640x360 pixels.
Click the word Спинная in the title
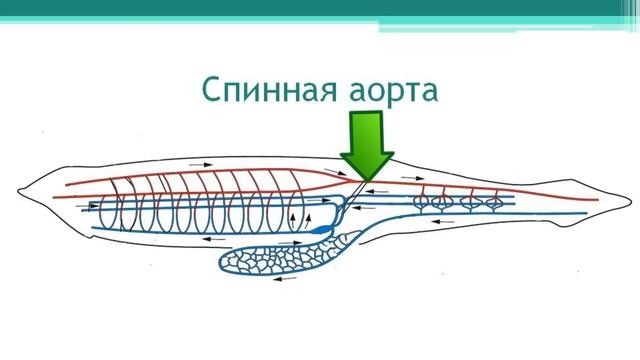tap(264, 91)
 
